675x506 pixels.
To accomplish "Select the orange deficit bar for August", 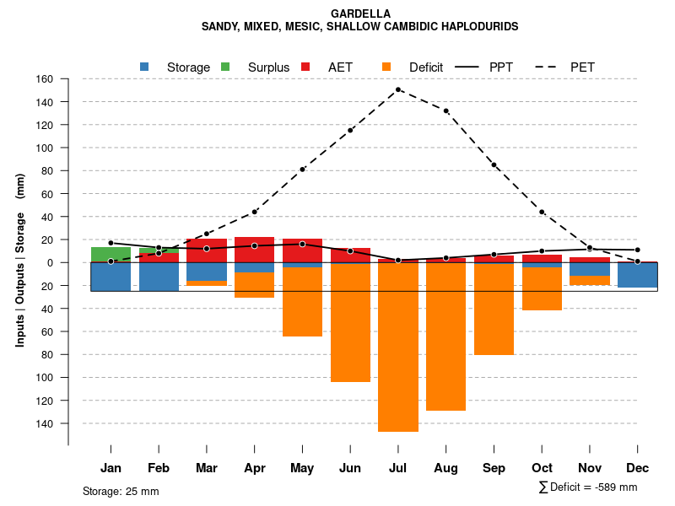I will click(445, 337).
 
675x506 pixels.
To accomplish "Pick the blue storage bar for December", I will click(638, 275).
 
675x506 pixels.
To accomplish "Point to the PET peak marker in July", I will click(398, 89).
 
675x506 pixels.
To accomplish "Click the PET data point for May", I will click(302, 170).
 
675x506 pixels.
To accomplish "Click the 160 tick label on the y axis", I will click(45, 79).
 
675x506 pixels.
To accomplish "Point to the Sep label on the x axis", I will click(494, 468).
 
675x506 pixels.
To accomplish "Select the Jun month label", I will click(350, 468).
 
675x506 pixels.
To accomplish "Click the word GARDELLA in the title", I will click(360, 14).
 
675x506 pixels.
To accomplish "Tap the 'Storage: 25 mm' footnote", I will click(121, 491).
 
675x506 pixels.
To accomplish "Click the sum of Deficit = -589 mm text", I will click(588, 487).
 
